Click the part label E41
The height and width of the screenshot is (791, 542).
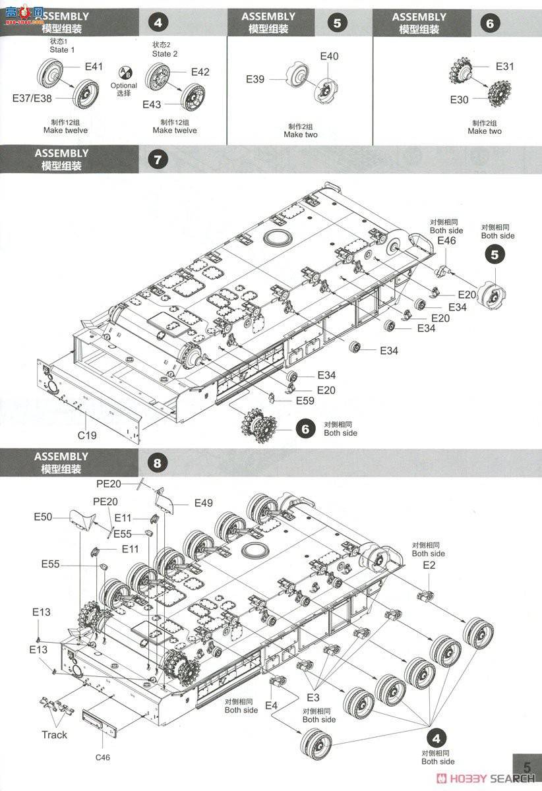(94, 66)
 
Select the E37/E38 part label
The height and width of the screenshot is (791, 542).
(32, 98)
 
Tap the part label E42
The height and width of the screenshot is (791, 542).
(200, 72)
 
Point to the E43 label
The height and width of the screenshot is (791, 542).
(151, 104)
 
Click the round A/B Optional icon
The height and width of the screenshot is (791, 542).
(125, 73)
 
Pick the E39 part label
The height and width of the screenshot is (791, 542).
(255, 79)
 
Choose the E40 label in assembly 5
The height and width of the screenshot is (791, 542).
(329, 56)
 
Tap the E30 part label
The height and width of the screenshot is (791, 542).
(460, 100)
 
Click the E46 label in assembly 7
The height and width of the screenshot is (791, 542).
(446, 242)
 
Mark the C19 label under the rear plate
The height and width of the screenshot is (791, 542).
(87, 435)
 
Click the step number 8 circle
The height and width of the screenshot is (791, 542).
(157, 463)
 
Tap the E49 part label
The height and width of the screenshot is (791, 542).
(204, 503)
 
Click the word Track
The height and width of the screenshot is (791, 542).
(54, 735)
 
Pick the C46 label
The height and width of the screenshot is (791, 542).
(102, 757)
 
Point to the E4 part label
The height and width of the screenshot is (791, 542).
(271, 705)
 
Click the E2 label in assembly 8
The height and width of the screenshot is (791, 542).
(429, 566)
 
